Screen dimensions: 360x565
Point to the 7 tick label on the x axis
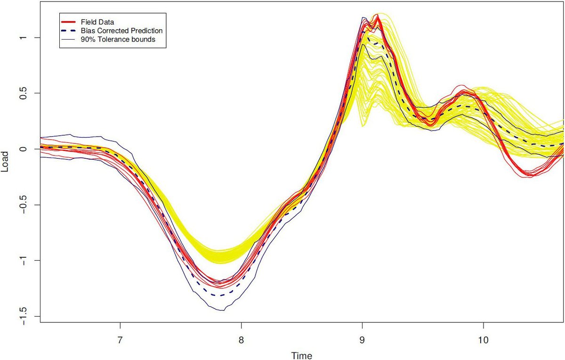point(120,338)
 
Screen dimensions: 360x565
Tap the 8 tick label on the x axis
point(241,338)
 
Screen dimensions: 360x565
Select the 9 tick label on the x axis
point(362,338)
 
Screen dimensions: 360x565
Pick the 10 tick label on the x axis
point(483,338)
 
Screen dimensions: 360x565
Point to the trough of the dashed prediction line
point(219,295)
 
